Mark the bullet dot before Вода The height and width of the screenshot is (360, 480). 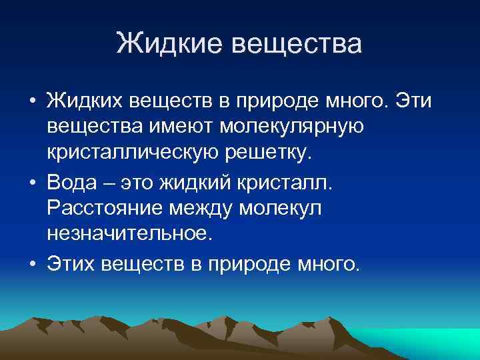[x=31, y=181]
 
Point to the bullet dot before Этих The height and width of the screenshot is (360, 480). [x=31, y=262]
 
